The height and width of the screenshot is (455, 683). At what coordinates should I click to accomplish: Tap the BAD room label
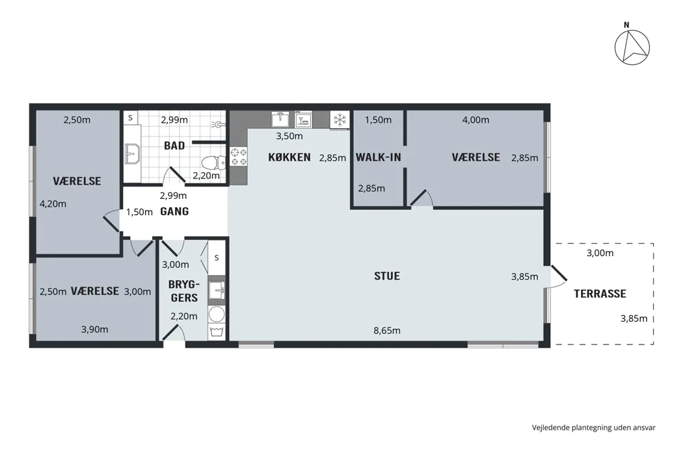tap(174, 146)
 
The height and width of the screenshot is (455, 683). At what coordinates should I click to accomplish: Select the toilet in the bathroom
tap(213, 162)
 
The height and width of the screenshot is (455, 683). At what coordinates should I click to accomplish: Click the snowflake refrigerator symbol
tap(340, 120)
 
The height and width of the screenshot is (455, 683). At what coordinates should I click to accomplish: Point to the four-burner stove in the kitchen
tap(238, 157)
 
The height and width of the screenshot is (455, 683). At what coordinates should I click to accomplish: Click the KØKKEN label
tap(289, 157)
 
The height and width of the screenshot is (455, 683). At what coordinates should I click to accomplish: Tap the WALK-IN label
tap(378, 157)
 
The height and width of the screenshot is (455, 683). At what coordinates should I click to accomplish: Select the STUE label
tap(387, 276)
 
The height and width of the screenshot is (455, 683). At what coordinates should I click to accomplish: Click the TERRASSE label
tap(600, 293)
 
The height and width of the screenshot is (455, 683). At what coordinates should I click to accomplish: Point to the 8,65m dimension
tap(387, 330)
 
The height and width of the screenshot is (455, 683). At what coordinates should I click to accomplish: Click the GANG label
tap(174, 212)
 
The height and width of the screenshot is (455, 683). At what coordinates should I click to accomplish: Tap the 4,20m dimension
tap(53, 203)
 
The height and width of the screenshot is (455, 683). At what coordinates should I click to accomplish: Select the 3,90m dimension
tap(94, 330)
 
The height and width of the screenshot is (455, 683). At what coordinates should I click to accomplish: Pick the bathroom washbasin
tap(132, 153)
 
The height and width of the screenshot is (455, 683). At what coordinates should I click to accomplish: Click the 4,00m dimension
tap(475, 120)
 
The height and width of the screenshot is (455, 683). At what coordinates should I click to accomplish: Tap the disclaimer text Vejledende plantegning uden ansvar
tap(593, 428)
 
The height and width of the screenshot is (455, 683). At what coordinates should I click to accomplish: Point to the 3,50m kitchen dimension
tap(289, 136)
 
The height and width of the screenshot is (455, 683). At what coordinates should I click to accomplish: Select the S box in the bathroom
tap(130, 118)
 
